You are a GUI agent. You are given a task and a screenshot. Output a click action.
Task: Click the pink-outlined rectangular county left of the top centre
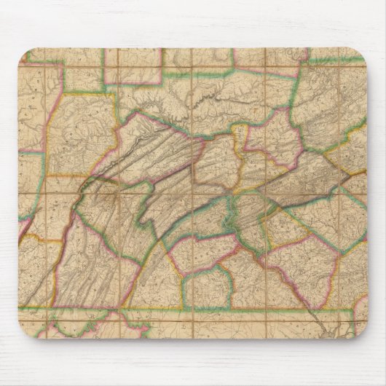[132, 66]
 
